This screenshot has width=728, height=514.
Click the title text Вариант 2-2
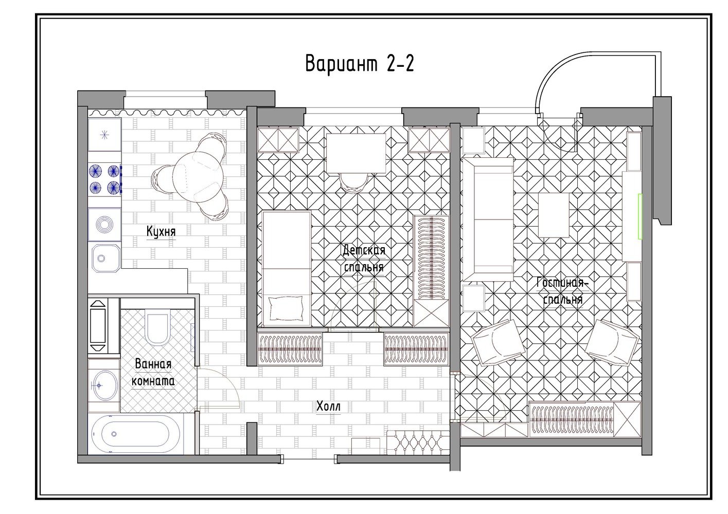(x=360, y=64)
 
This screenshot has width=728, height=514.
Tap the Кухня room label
(x=161, y=231)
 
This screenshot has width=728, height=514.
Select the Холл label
(x=329, y=406)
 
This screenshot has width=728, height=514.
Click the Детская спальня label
(x=364, y=259)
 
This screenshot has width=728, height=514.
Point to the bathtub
(x=135, y=434)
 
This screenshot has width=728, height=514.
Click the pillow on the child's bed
(x=285, y=308)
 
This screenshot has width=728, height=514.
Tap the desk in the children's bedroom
(x=356, y=153)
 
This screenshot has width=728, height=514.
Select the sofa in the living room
(x=488, y=219)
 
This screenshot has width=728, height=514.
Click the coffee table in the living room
(x=554, y=215)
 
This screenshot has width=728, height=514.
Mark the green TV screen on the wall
(x=640, y=216)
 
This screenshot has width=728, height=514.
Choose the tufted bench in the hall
(x=418, y=443)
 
